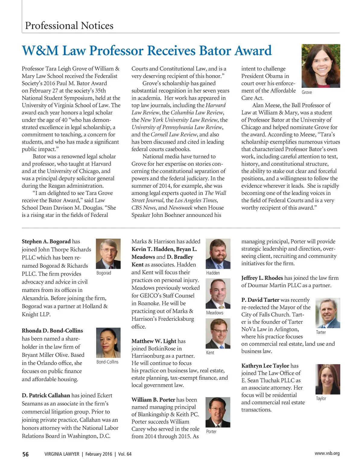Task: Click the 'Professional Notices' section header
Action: (x=69, y=26)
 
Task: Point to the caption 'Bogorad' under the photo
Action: (x=104, y=273)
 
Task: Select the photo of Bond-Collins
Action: (x=108, y=343)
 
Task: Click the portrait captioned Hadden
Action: (x=218, y=254)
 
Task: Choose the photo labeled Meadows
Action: (x=218, y=294)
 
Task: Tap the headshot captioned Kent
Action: (x=218, y=333)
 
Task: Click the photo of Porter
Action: (x=218, y=412)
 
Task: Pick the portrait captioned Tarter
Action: (x=328, y=313)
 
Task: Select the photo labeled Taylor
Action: (x=328, y=379)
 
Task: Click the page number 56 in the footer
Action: (x=26, y=454)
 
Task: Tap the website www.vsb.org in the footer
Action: (x=327, y=453)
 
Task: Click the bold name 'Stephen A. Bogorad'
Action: (x=46, y=241)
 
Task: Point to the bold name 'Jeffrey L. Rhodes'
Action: (x=262, y=278)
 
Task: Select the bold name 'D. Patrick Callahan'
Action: (x=46, y=395)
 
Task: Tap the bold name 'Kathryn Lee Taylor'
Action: (x=265, y=366)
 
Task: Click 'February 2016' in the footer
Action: (x=99, y=454)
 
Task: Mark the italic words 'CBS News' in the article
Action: (x=143, y=208)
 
